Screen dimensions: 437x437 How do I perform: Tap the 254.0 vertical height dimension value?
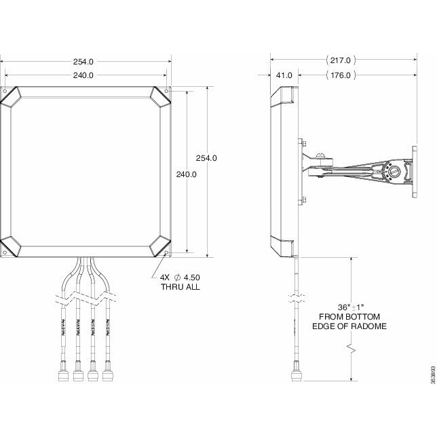pyautogui.click(x=206, y=158)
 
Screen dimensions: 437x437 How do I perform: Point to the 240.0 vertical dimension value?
pyautogui.click(x=186, y=174)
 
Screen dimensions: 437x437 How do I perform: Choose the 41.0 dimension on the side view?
pyautogui.click(x=284, y=75)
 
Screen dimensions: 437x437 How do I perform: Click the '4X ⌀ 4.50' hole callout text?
pyautogui.click(x=180, y=276)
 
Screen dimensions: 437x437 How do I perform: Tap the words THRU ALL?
pyautogui.click(x=180, y=287)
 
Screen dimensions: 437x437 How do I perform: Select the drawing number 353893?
pyautogui.click(x=432, y=376)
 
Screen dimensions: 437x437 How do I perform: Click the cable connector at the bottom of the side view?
pyautogui.click(x=297, y=373)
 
